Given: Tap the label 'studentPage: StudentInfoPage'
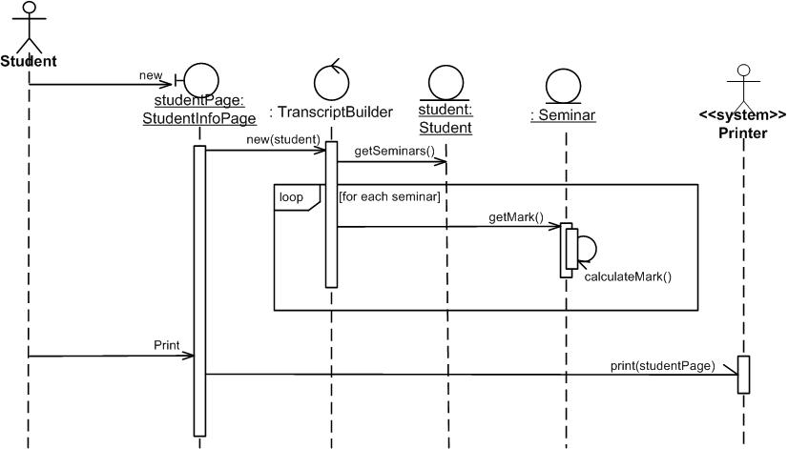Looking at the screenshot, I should point(199,110).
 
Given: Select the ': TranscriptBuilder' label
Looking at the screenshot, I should point(331,112).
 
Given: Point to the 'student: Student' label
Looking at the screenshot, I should point(446,119).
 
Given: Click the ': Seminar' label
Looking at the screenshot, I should point(563,115).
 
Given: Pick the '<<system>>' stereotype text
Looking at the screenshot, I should point(743,115).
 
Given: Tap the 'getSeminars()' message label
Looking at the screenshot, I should point(394,151).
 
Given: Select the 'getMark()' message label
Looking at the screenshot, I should point(516,217).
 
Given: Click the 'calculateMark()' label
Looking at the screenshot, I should point(628,277).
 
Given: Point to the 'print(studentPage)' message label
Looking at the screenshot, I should point(663,365).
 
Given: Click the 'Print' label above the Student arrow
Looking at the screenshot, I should point(166,344).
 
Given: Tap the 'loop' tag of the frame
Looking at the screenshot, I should point(291,197).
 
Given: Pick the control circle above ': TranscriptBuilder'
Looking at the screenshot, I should point(331,80).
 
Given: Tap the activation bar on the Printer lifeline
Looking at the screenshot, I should point(744,374).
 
